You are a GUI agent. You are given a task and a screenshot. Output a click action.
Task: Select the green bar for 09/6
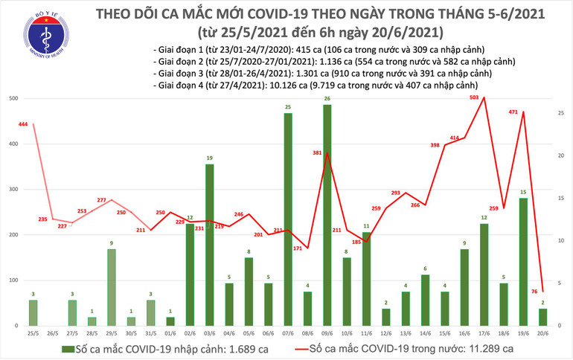(327, 215)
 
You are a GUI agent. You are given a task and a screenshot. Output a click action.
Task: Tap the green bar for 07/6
(287, 219)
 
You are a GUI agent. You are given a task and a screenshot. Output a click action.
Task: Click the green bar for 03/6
(209, 245)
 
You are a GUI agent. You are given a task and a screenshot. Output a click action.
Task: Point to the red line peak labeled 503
(484, 97)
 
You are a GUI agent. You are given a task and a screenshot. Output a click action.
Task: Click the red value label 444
(23, 124)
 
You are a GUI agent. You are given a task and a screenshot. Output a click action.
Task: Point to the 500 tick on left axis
(13, 98)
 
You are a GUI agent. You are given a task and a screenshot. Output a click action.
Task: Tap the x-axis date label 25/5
(33, 332)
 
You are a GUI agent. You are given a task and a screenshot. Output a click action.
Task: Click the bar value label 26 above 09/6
(327, 99)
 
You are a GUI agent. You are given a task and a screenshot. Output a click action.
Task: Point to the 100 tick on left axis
(13, 280)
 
